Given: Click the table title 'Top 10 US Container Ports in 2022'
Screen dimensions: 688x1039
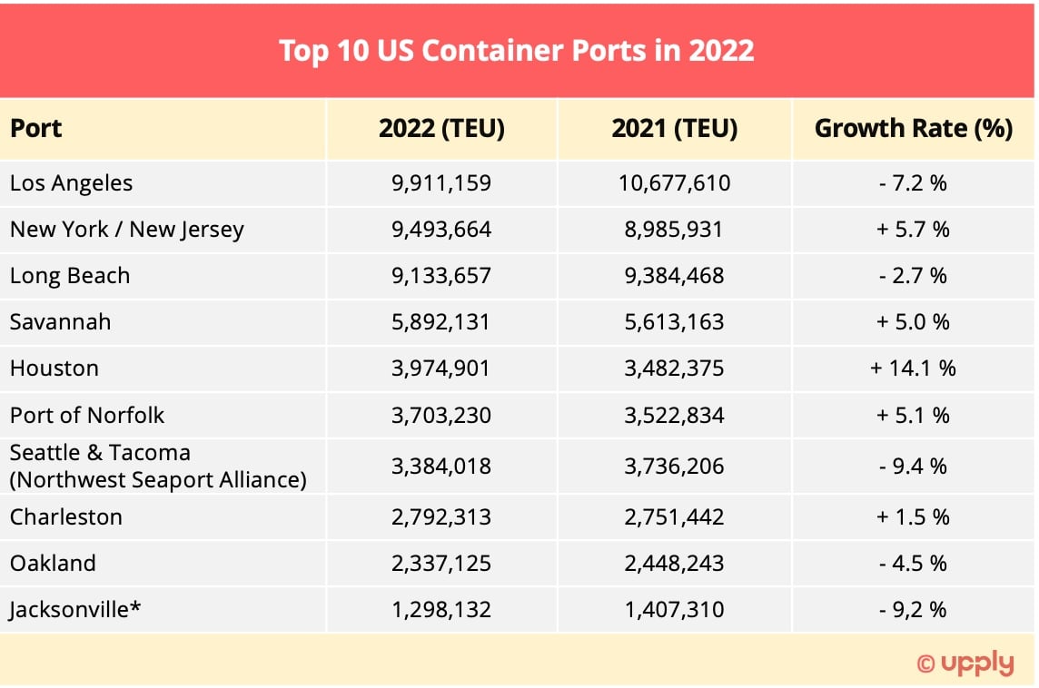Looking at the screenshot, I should (516, 50).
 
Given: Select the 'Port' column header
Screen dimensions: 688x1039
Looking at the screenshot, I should (36, 129).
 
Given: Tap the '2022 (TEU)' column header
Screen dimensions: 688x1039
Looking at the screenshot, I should (441, 129).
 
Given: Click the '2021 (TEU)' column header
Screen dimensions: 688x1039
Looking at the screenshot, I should (675, 129).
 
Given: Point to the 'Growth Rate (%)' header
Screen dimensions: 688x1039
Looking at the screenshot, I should (913, 129).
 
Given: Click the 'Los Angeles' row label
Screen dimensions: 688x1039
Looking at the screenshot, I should (71, 183).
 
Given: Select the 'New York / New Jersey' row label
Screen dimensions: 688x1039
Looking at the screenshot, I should (126, 230).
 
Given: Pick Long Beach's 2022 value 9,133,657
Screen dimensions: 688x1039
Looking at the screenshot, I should (441, 276).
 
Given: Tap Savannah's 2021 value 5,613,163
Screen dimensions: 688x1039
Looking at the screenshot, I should (675, 322).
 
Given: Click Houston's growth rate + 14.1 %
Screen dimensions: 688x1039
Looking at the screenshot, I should (913, 369).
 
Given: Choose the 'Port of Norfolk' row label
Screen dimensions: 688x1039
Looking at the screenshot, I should (87, 416).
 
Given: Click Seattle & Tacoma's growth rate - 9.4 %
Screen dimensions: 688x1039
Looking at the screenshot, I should (913, 467).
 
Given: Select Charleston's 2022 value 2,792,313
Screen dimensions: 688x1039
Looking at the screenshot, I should (441, 517).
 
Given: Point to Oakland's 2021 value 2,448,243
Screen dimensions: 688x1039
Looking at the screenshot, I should (675, 564).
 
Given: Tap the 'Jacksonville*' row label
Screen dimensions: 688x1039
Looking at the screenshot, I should (75, 610).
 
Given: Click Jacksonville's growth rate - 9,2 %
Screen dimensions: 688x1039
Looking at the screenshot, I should (913, 610).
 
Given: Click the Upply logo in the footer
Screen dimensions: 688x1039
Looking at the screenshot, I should (965, 663).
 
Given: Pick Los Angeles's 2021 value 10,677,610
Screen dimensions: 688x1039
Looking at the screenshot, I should (675, 183).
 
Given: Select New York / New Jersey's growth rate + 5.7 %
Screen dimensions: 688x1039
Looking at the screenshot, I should (913, 230).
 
